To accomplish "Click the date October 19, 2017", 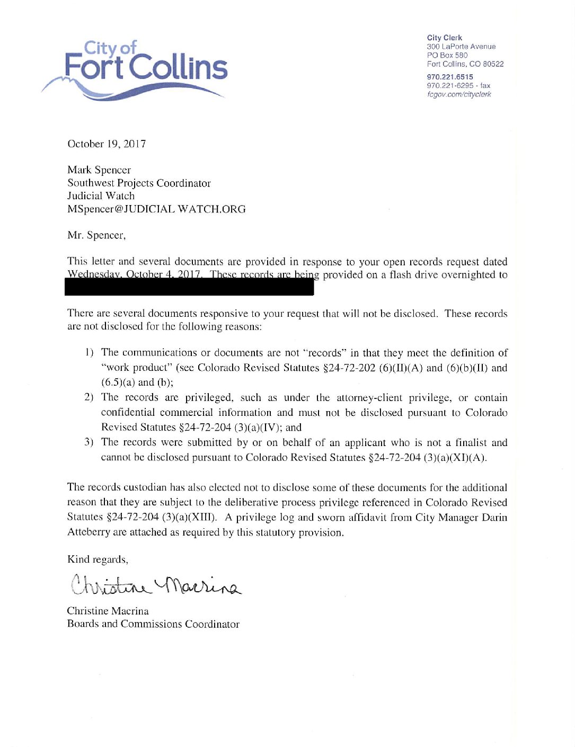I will (107, 144).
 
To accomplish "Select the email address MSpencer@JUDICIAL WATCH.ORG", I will (156, 209).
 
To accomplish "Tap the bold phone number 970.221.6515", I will (450, 77).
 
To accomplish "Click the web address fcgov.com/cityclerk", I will (459, 94).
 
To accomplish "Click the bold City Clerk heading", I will (444, 38).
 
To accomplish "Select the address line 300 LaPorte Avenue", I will (461, 47).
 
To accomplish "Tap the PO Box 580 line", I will (447, 55).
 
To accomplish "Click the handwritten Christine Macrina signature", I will (155, 585).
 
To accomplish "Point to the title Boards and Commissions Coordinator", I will (153, 624).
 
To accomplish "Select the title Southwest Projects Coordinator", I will (139, 183).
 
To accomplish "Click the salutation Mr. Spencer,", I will (96, 235).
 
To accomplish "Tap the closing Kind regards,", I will (98, 559).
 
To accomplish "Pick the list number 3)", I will (89, 442).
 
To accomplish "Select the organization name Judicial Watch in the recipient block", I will (101, 196).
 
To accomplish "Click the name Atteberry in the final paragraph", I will (89, 532).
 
